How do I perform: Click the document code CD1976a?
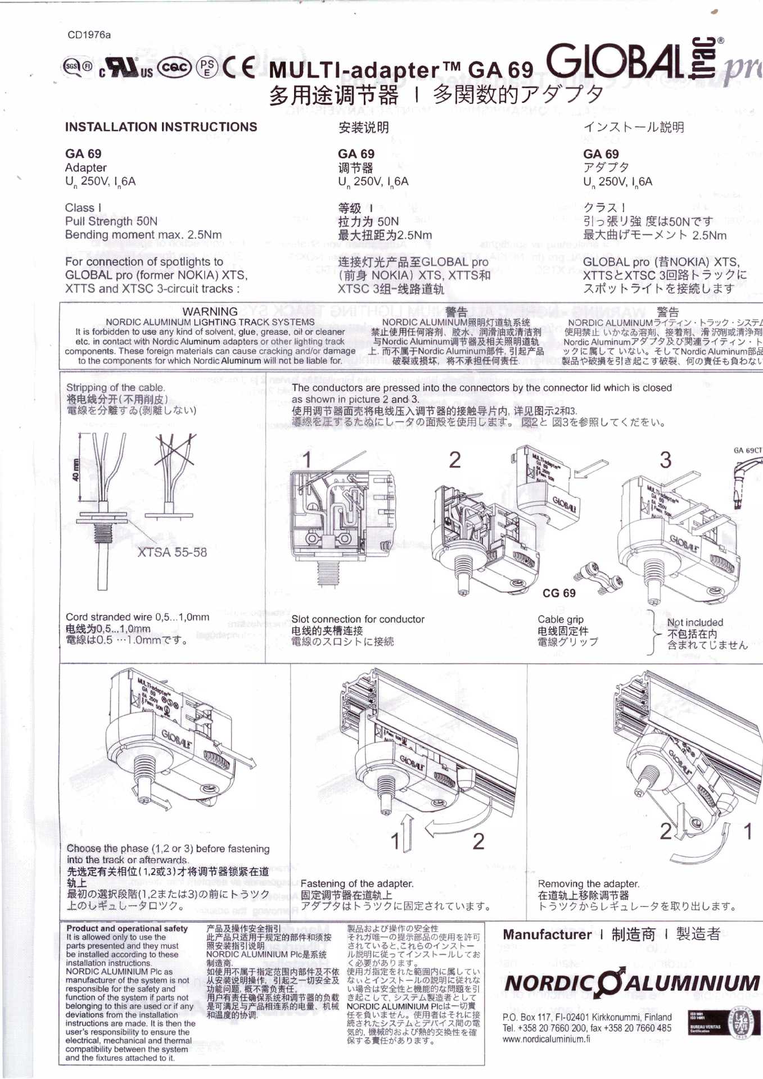point(89,35)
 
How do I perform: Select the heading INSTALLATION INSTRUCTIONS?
point(161,127)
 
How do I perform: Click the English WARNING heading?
point(210,311)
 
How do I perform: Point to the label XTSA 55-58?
point(172,552)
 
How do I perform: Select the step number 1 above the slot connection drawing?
point(307,460)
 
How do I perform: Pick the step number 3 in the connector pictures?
point(665,460)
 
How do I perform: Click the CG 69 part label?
point(559,593)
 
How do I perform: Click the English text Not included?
point(695,623)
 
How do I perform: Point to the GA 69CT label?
point(748,450)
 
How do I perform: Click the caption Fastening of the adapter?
point(357,883)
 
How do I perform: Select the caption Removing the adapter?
point(588,883)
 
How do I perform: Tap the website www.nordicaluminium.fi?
point(546,1039)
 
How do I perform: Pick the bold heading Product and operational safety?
point(127,928)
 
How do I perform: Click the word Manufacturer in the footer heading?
point(547,935)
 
